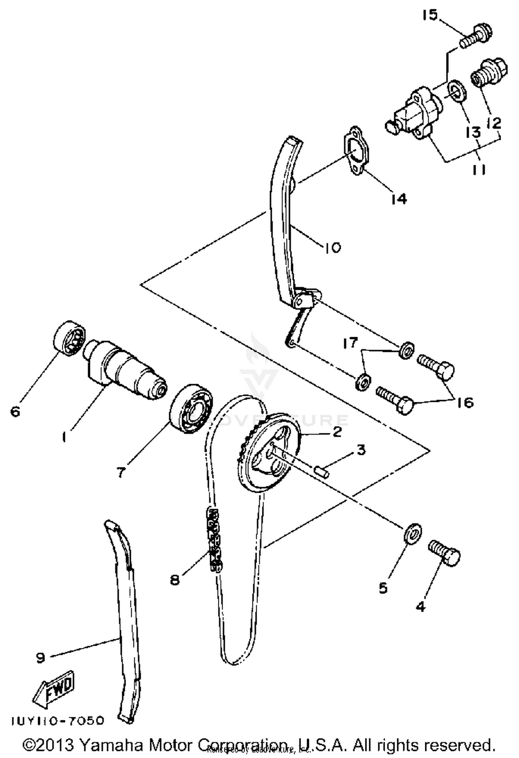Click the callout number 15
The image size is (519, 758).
pos(430,15)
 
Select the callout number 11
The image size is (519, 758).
pos(479,169)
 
